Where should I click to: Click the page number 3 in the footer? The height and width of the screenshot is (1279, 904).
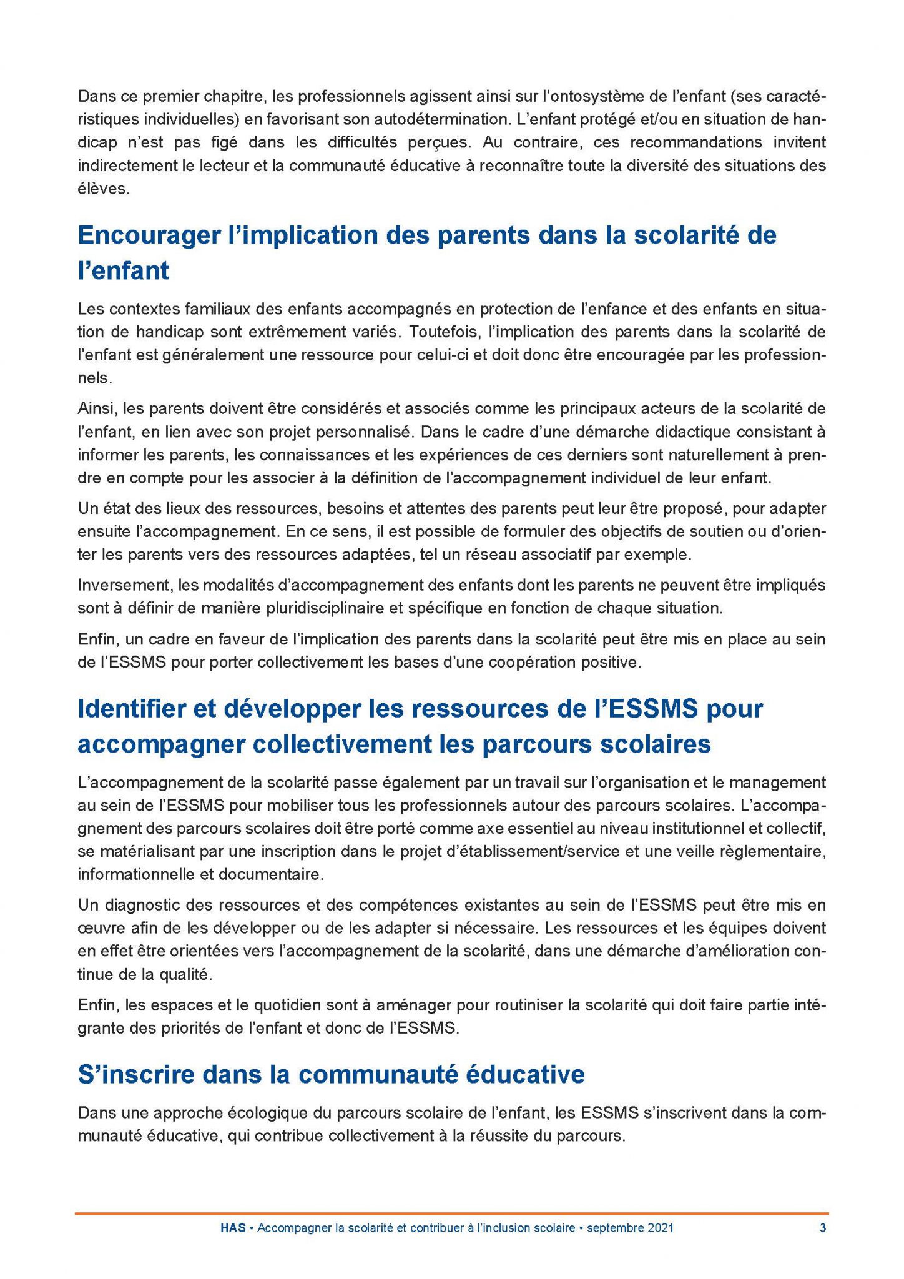tap(823, 1228)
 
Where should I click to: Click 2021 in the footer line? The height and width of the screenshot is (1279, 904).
tap(660, 1228)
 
